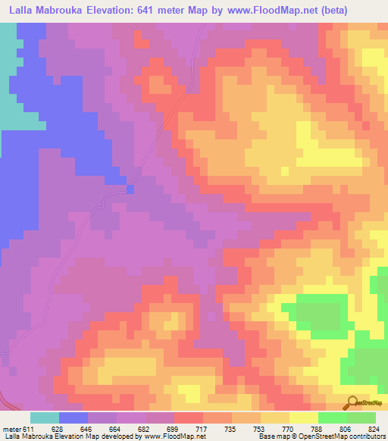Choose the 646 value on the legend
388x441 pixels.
85,428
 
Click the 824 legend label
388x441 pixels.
373,428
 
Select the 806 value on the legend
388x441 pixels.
346,428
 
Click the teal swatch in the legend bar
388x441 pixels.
45,418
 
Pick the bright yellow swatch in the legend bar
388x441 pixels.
304,418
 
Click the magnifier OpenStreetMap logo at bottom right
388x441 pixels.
352,401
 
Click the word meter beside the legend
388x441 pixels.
12,428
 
